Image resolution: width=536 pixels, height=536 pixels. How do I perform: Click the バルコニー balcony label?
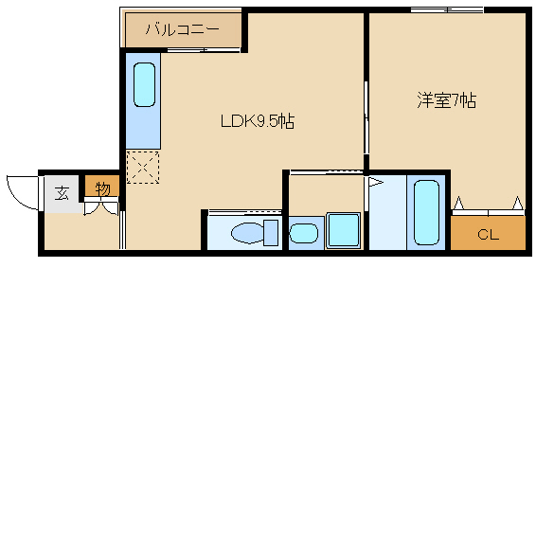tap(182, 29)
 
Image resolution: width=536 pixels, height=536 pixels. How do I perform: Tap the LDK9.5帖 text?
tap(258, 121)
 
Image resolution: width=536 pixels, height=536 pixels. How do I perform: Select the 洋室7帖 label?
tap(446, 100)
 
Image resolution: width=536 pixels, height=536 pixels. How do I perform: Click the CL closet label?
tap(488, 235)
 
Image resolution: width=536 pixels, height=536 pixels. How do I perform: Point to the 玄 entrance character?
tap(62, 193)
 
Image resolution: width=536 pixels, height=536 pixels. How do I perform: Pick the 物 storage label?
tap(102, 188)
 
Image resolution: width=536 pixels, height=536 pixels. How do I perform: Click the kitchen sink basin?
tap(144, 84)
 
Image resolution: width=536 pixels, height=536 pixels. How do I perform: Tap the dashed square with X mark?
tap(143, 168)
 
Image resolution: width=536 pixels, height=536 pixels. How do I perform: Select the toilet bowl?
tap(248, 233)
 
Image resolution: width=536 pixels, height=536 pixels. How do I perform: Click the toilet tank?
tap(271, 233)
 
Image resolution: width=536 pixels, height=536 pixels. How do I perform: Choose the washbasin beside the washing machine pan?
tap(304, 233)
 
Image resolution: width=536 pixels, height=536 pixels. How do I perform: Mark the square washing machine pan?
tap(343, 230)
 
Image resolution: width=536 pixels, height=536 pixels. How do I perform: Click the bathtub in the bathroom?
tap(426, 213)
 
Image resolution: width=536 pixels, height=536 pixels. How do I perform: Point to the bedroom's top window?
tap(447, 10)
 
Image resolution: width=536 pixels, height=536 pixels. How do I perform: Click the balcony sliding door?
tap(204, 50)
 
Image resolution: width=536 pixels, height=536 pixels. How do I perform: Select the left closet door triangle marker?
tap(458, 203)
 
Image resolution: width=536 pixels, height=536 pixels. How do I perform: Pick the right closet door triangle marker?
tap(518, 203)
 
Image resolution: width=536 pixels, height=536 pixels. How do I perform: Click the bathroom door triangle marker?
tap(375, 182)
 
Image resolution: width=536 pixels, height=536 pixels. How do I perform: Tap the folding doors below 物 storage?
tap(101, 206)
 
